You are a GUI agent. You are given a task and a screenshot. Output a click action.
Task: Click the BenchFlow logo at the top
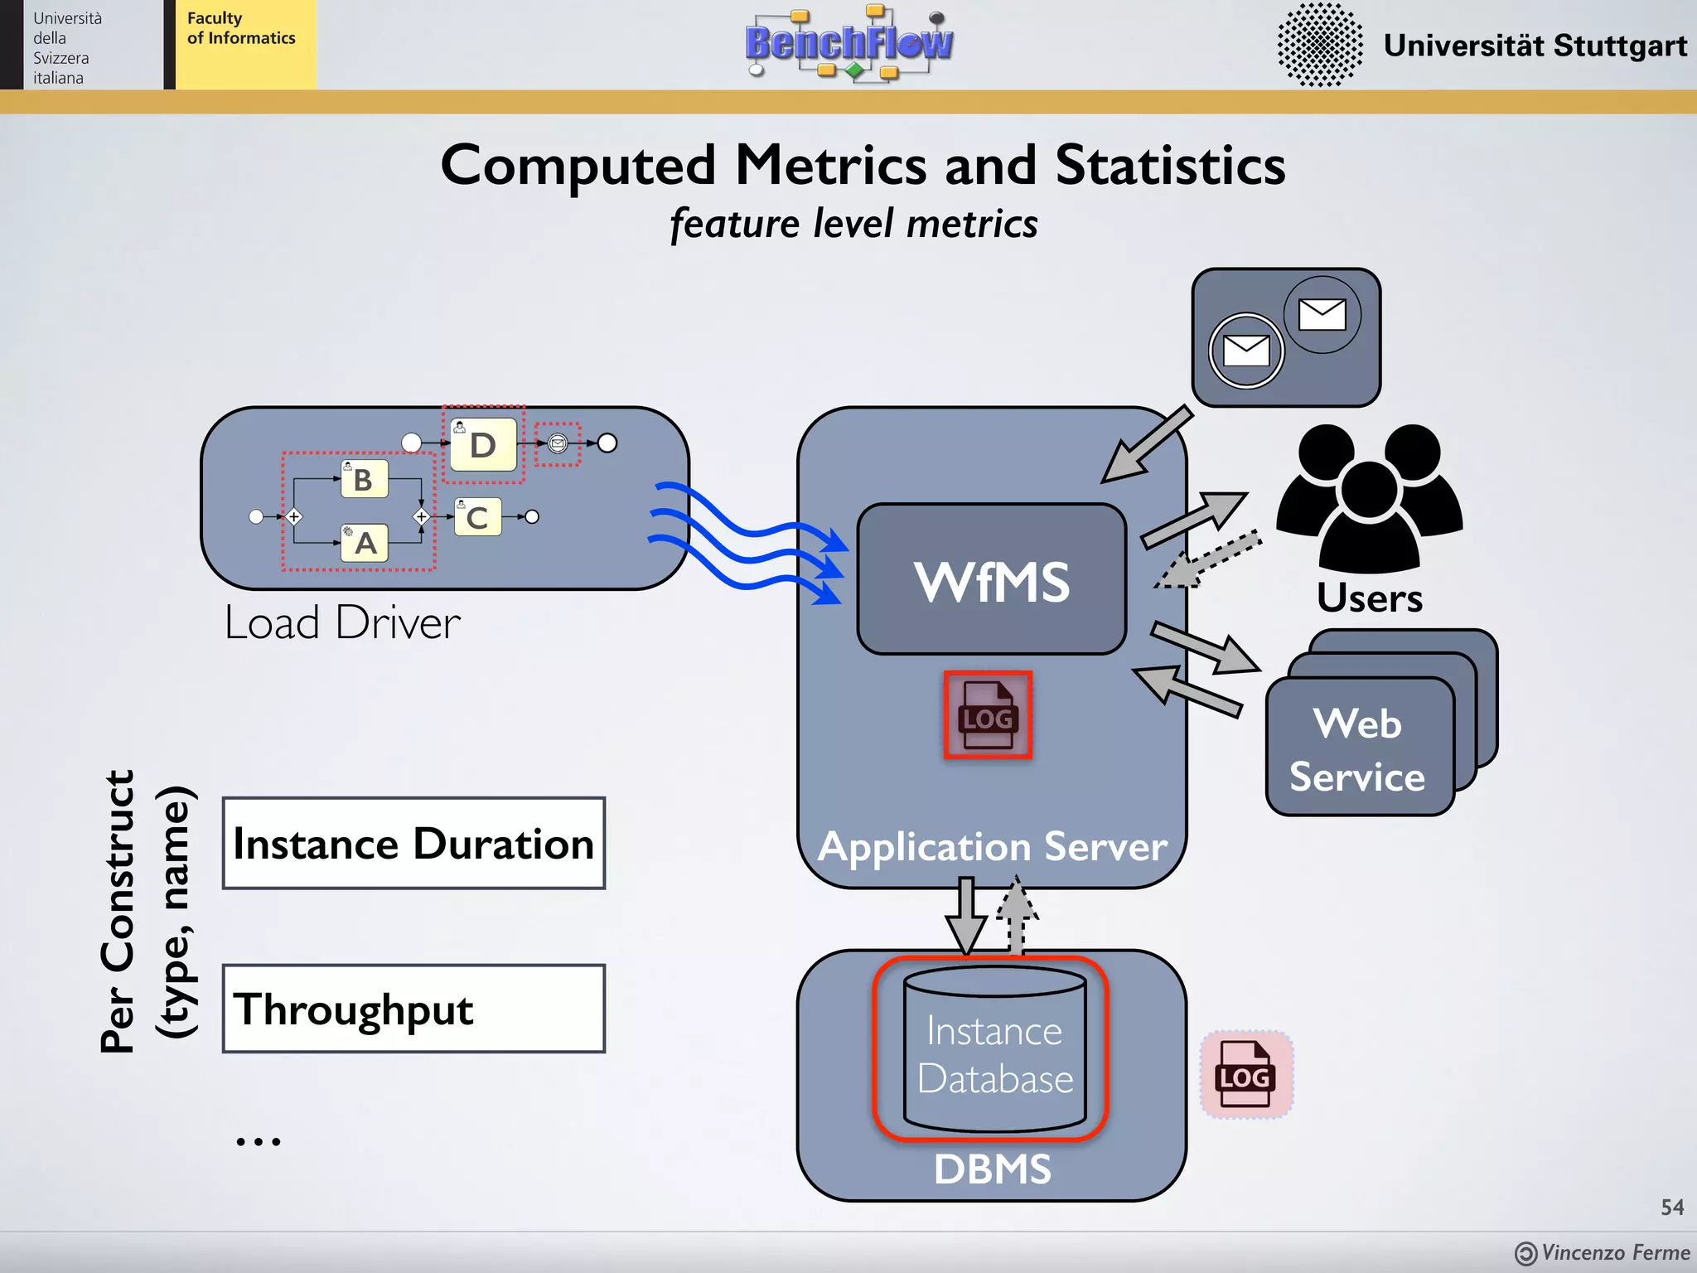[848, 43]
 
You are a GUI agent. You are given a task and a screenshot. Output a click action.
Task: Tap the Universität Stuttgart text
[1535, 45]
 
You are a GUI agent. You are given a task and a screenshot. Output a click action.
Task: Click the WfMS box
[991, 580]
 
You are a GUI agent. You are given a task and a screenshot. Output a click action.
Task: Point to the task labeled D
[483, 445]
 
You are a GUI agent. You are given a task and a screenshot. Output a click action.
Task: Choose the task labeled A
[365, 544]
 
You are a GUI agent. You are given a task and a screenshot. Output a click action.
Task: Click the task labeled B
[364, 480]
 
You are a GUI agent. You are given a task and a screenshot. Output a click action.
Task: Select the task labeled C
[477, 517]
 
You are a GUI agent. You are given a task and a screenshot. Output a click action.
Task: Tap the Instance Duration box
[413, 844]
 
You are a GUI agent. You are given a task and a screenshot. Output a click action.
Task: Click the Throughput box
[413, 1009]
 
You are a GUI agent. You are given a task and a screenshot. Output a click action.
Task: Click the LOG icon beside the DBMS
[1245, 1075]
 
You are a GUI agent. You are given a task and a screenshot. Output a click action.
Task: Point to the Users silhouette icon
[1369, 497]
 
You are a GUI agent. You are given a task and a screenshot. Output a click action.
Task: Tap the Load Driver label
[342, 623]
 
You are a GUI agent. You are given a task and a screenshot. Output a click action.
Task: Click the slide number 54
[1671, 1207]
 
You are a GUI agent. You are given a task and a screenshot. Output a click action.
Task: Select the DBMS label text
[992, 1169]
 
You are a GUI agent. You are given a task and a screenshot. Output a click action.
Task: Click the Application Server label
[992, 847]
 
